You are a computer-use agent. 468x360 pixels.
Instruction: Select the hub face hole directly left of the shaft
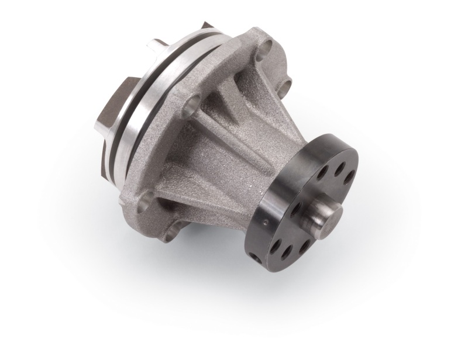298,207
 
